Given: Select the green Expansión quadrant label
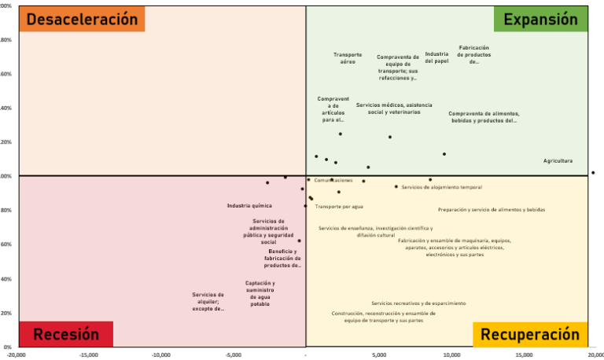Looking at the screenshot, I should pyautogui.click(x=540, y=20).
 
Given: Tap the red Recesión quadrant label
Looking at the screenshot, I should pyautogui.click(x=66, y=334).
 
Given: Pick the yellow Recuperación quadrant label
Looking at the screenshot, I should pyautogui.click(x=530, y=334).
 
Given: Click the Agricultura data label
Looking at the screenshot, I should pyautogui.click(x=558, y=160).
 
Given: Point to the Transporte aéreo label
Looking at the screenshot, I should pyautogui.click(x=348, y=57).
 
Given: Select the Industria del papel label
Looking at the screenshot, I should pyautogui.click(x=436, y=57).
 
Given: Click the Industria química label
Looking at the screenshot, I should pyautogui.click(x=249, y=206).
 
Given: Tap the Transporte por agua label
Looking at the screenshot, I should pyautogui.click(x=339, y=207).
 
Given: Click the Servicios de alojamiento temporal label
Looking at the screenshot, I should pyautogui.click(x=441, y=187).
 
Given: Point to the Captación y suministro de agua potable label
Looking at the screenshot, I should pyautogui.click(x=260, y=293).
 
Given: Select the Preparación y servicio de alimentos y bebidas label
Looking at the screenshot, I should pyautogui.click(x=491, y=210).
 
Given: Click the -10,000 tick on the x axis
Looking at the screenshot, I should pyautogui.click(x=161, y=354).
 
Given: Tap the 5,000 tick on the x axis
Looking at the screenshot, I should pyautogui.click(x=379, y=354).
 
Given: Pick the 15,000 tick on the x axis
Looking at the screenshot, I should pyautogui.click(x=524, y=354).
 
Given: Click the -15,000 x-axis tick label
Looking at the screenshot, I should pyautogui.click(x=89, y=354).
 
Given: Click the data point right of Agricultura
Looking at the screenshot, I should pyautogui.click(x=593, y=172).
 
